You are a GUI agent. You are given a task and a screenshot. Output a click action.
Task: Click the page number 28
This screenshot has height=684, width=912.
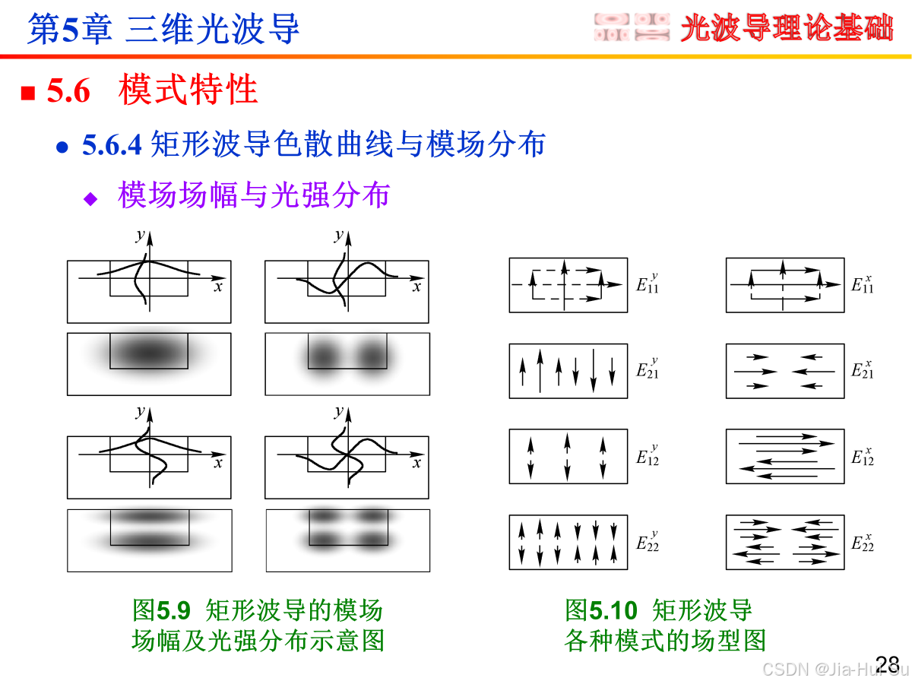888,663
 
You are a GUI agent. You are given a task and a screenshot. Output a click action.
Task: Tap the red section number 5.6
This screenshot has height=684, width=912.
68,91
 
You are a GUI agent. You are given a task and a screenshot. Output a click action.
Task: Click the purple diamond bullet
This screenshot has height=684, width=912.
91,199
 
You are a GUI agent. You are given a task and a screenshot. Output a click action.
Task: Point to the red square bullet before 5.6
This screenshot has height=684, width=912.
28,93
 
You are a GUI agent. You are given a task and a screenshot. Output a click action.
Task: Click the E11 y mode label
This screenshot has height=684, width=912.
648,285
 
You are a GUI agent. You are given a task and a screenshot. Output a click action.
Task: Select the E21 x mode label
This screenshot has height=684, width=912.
863,370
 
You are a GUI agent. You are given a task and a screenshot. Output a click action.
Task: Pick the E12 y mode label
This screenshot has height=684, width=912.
648,456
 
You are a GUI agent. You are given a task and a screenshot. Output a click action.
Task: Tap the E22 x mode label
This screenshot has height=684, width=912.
863,542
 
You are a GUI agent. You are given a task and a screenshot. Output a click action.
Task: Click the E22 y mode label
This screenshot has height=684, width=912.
648,542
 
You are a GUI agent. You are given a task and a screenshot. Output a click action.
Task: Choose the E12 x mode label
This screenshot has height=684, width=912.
863,456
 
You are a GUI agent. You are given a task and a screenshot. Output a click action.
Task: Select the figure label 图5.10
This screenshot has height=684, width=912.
601,610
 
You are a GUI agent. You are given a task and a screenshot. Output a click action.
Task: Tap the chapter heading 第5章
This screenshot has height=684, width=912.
70,30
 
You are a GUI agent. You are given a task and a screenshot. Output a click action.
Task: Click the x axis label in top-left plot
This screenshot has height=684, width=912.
218,287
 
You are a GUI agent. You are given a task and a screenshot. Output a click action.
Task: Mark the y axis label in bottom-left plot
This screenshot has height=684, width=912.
140,412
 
